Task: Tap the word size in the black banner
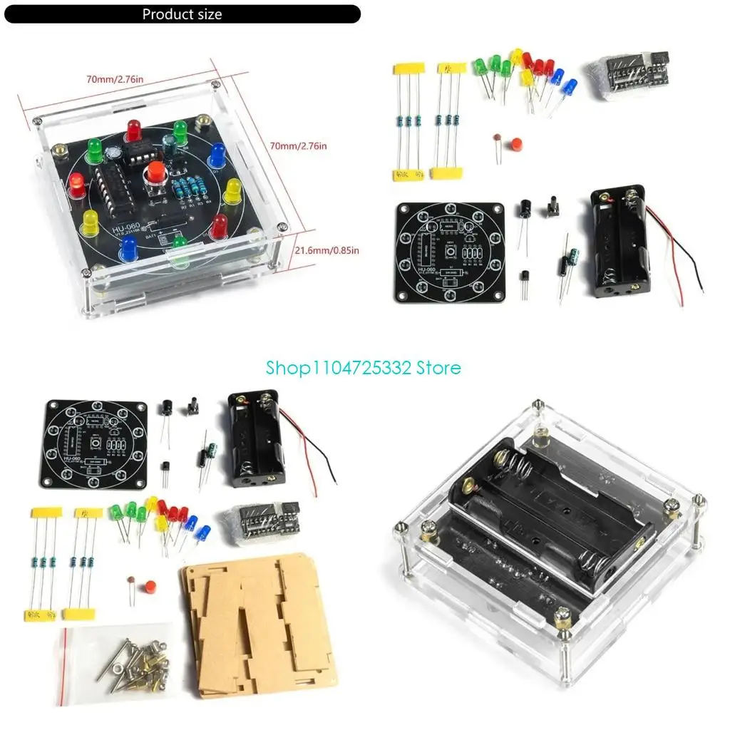point(207,14)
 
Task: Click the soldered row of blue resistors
point(189,190)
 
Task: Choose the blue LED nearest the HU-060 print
point(128,248)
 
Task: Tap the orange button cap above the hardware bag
point(150,587)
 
